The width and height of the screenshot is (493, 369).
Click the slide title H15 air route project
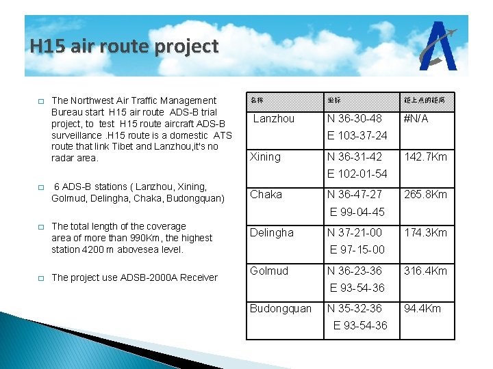(x=124, y=46)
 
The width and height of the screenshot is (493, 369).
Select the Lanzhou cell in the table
(x=274, y=118)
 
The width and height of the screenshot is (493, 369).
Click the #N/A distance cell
(x=416, y=118)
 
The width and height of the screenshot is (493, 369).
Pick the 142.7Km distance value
(x=425, y=156)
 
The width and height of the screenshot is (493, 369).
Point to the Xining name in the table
(x=265, y=156)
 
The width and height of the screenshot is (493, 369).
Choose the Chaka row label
(x=266, y=194)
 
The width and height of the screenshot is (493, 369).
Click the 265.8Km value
(x=425, y=194)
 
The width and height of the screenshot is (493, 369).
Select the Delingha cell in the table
(x=271, y=232)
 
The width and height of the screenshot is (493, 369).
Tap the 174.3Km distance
(x=425, y=232)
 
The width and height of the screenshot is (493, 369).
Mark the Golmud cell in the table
(x=268, y=271)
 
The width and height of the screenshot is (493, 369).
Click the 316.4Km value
(x=425, y=271)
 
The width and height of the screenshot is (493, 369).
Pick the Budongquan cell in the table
(x=280, y=308)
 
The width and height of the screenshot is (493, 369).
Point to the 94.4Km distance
(x=422, y=308)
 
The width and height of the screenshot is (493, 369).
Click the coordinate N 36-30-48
(x=355, y=118)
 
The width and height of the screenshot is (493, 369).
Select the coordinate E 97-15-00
(x=357, y=249)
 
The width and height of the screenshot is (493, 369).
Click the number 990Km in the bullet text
(x=151, y=238)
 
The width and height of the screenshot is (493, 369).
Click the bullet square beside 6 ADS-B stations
(x=41, y=187)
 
